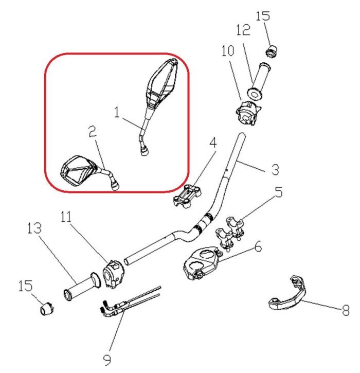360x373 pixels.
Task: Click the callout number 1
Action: coord(118,112)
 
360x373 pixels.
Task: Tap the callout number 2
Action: coord(93,134)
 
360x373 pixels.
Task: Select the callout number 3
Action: coord(276,169)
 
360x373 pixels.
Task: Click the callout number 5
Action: coord(278,193)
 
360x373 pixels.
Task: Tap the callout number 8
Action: coord(346,310)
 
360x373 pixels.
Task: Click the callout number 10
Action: coord(227,51)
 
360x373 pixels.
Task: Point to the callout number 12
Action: coord(243,30)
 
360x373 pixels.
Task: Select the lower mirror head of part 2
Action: coord(77,170)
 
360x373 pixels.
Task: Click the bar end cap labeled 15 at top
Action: coord(272,50)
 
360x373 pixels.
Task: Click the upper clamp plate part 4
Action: coord(187,196)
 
